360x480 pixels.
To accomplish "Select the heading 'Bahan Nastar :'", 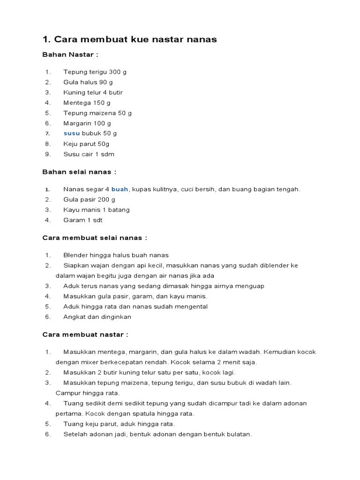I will pyautogui.click(x=70, y=55).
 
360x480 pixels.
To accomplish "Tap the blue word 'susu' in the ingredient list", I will pyautogui.click(x=72, y=134).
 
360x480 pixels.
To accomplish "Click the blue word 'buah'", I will pyautogui.click(x=120, y=189).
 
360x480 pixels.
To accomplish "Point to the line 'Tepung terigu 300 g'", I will pyautogui.click(x=95, y=72).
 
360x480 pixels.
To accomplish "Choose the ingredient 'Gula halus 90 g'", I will pyautogui.click(x=88, y=82).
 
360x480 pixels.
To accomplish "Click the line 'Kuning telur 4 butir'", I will pyautogui.click(x=93, y=93).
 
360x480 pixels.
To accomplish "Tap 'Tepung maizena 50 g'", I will pyautogui.click(x=97, y=113).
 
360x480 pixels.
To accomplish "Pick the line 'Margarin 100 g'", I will pyautogui.click(x=87, y=123).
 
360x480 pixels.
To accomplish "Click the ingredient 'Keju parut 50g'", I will pyautogui.click(x=86, y=144).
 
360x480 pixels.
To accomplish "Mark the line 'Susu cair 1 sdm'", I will pyautogui.click(x=89, y=154).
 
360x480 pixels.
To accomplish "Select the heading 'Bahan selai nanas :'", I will pyautogui.click(x=79, y=172).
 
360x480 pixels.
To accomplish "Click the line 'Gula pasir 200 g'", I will pyautogui.click(x=89, y=200).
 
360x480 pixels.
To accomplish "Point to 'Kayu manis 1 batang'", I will pyautogui.click(x=97, y=210).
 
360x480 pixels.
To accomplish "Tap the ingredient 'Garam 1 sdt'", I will pyautogui.click(x=82, y=220).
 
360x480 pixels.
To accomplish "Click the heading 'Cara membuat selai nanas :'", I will pyautogui.click(x=95, y=238).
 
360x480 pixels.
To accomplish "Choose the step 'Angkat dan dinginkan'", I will pyautogui.click(x=97, y=317).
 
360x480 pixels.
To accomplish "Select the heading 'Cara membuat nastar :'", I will pyautogui.click(x=85, y=335).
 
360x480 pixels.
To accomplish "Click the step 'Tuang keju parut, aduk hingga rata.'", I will pyautogui.click(x=119, y=424).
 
